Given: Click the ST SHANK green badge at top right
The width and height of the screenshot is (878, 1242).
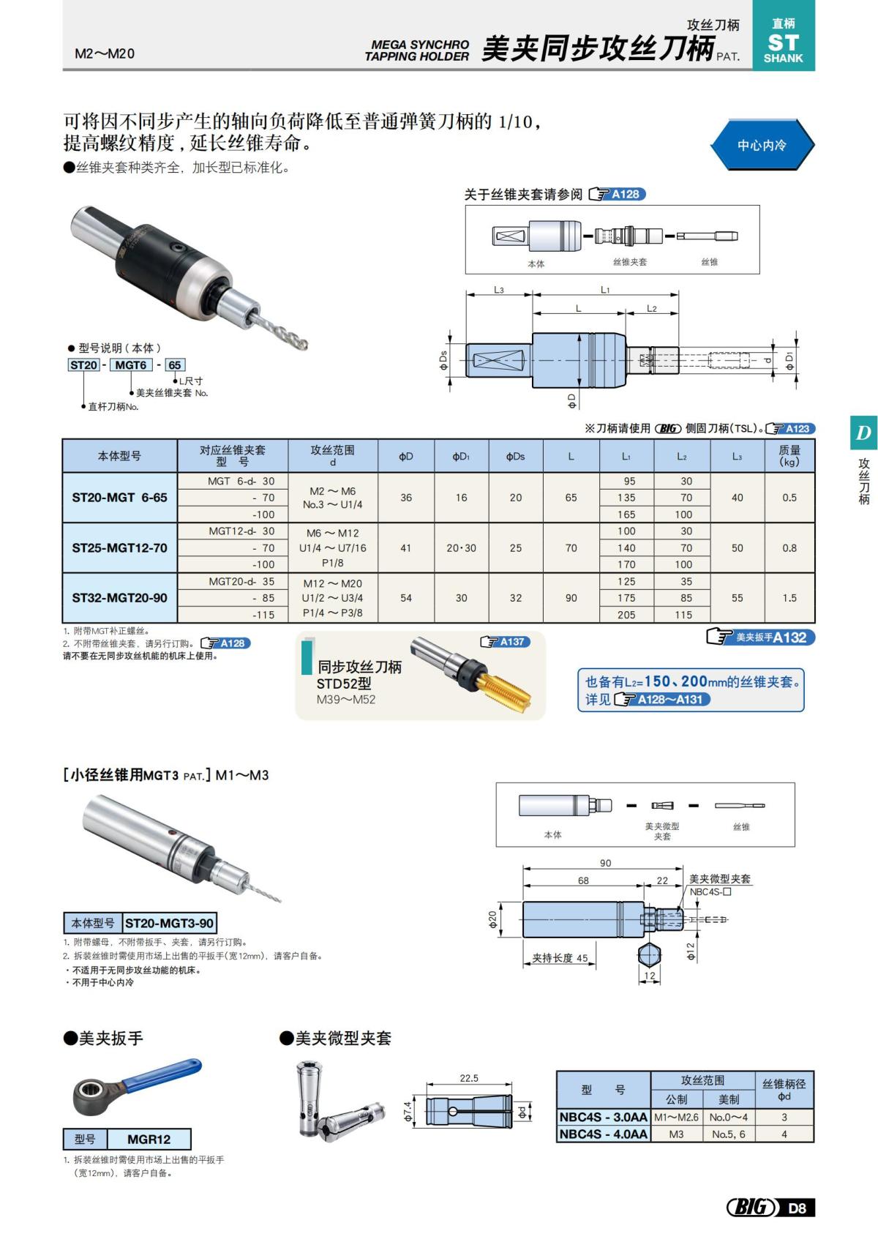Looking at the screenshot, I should [783, 42].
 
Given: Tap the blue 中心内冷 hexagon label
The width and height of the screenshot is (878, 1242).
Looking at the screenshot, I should [762, 145].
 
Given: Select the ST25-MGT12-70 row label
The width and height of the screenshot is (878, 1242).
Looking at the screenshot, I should [119, 547].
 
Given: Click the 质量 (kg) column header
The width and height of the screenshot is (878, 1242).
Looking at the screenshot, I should [789, 456].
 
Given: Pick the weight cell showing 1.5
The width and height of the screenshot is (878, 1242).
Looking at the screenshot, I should [789, 598].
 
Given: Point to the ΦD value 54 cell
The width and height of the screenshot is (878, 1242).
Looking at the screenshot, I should [406, 598].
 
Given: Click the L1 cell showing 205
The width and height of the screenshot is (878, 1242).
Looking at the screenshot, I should [626, 615].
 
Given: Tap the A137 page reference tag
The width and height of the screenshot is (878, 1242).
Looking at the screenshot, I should [505, 642].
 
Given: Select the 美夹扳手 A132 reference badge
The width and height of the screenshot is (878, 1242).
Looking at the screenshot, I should [762, 637].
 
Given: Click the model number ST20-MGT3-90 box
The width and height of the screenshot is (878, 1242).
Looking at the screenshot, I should [169, 923].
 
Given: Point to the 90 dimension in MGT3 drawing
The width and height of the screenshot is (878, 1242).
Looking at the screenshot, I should [605, 863].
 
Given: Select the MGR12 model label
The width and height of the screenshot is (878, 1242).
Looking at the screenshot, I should [149, 1139].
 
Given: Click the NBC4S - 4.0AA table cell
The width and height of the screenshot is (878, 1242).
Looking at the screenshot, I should [603, 1134].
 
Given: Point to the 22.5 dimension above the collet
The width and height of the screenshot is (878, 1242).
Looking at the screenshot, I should [469, 1078].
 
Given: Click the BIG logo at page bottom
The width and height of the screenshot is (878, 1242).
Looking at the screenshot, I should [751, 1207].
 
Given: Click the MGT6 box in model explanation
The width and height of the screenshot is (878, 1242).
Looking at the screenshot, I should [131, 364].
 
